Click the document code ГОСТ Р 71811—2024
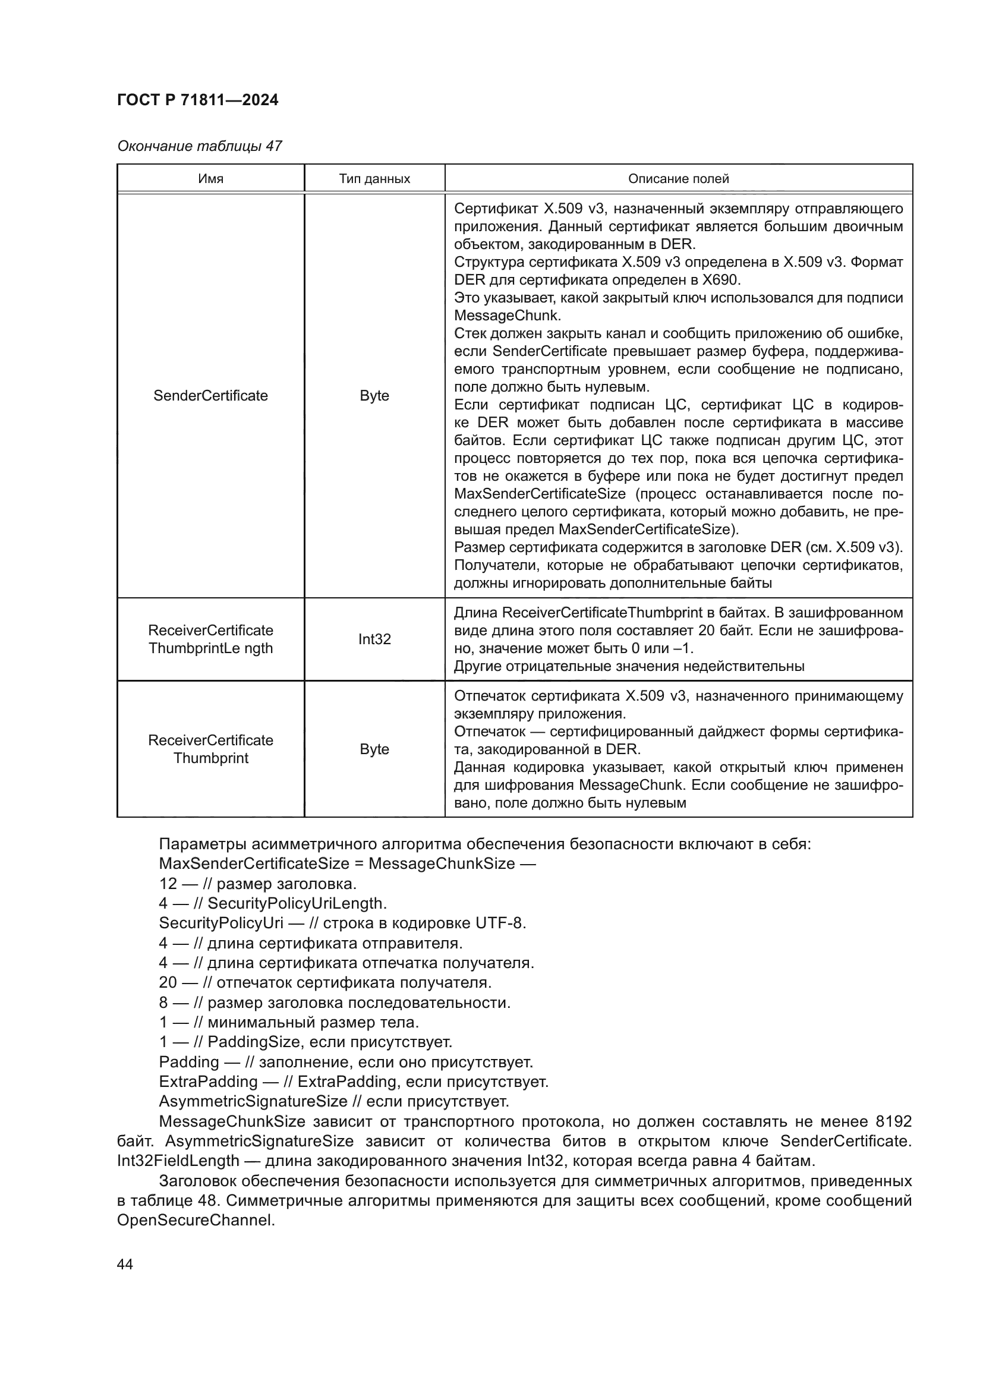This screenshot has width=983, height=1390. tap(197, 100)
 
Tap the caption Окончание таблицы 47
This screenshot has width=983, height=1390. tap(199, 146)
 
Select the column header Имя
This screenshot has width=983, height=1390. tap(210, 179)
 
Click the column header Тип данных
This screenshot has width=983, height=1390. tap(374, 179)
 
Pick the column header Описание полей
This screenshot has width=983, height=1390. tap(678, 179)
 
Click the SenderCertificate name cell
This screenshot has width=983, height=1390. tap(210, 396)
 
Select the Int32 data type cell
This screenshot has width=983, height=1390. tap(374, 639)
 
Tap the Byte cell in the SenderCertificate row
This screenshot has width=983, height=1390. tap(374, 396)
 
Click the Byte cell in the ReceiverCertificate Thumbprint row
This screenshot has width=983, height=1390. tap(374, 749)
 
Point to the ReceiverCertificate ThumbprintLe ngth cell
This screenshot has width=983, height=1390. tap(210, 639)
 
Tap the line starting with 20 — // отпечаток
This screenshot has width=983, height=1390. tap(325, 982)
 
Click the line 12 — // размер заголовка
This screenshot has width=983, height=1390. tap(257, 884)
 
